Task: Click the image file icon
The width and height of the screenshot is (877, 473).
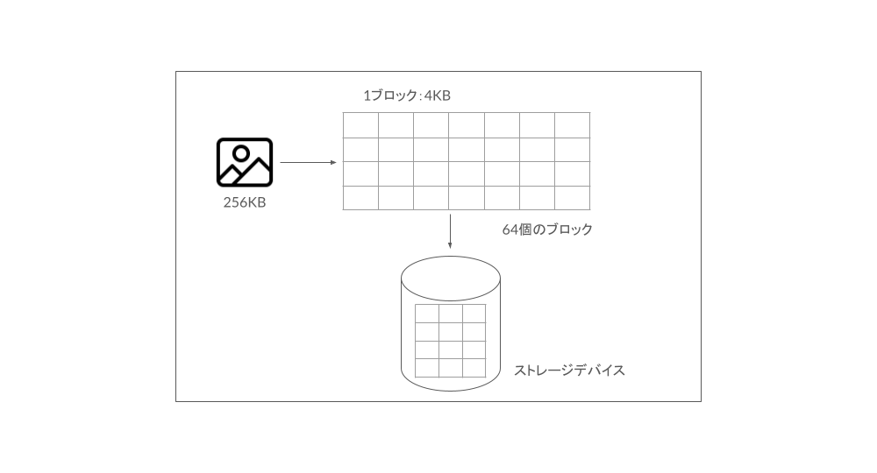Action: tap(245, 163)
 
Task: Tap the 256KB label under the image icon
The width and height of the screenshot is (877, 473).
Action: tap(245, 202)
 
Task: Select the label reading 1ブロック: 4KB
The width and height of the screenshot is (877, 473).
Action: tap(407, 95)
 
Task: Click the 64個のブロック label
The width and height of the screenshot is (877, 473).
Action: tap(547, 229)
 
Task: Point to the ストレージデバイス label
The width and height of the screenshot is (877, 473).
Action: tap(569, 371)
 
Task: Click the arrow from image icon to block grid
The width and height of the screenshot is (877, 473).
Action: tap(308, 163)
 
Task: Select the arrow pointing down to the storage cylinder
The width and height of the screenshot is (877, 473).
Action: tap(450, 231)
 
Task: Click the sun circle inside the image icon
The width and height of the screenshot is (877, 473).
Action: tap(241, 153)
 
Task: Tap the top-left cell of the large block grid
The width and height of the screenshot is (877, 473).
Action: tap(360, 125)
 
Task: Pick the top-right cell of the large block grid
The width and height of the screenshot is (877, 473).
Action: tap(572, 125)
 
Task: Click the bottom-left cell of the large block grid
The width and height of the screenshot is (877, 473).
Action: tap(360, 198)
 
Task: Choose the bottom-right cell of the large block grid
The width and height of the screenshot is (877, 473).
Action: tap(572, 198)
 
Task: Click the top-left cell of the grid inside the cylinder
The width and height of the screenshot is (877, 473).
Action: tap(427, 314)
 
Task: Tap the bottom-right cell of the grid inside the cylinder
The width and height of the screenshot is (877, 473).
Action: tap(474, 368)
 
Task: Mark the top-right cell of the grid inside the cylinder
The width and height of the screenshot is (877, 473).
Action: tap(474, 314)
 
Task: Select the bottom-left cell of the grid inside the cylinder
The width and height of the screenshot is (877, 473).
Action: tap(427, 368)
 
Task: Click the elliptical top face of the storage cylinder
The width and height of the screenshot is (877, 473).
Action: tap(451, 278)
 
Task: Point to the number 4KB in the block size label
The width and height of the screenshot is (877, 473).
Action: tap(438, 95)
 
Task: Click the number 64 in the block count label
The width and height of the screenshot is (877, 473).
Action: tap(510, 229)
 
